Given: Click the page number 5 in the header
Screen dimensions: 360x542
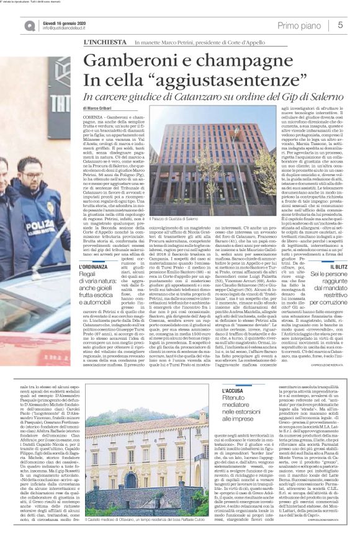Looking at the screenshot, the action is click(x=340, y=25).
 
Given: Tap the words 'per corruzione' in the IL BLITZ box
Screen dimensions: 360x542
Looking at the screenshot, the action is click(x=336, y=301).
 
